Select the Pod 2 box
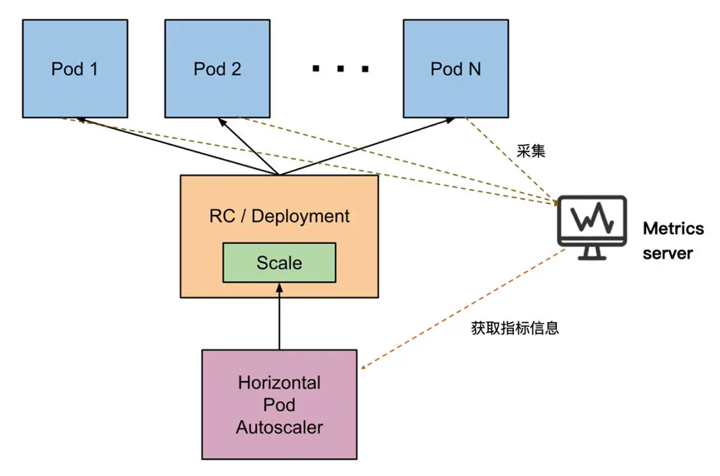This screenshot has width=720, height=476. (217, 68)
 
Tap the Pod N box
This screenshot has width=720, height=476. (455, 68)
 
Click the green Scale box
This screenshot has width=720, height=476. (279, 263)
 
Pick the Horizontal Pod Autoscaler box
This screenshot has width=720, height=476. (279, 404)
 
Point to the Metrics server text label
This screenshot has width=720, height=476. (673, 240)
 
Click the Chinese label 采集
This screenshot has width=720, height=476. (530, 152)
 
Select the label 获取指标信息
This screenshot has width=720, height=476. (515, 328)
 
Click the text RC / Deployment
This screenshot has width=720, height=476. (279, 216)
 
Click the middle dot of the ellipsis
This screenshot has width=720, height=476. (340, 69)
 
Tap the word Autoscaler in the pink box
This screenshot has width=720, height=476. (279, 428)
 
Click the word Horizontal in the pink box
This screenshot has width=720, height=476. (279, 384)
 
